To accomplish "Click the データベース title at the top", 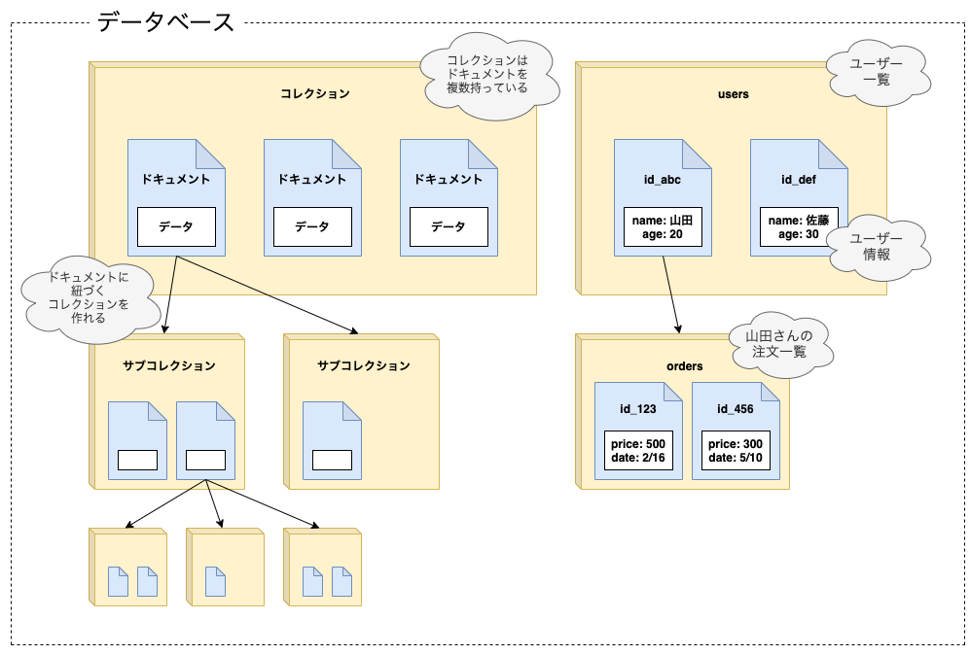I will point(165,22).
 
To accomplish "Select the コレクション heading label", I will point(313,94).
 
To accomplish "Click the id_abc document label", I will point(662,180).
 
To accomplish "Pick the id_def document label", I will point(798,180).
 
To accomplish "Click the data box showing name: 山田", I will point(662,226).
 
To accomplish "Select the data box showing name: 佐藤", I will point(798,226).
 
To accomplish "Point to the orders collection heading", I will point(684,366).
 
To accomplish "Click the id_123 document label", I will point(638,409).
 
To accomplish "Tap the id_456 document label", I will point(736,409).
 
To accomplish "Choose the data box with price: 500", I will point(638,450).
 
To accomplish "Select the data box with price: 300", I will point(736,450).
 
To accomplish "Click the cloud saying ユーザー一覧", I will point(876,71).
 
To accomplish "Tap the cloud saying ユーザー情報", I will point(876,247).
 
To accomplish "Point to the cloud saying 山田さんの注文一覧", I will point(778,344).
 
